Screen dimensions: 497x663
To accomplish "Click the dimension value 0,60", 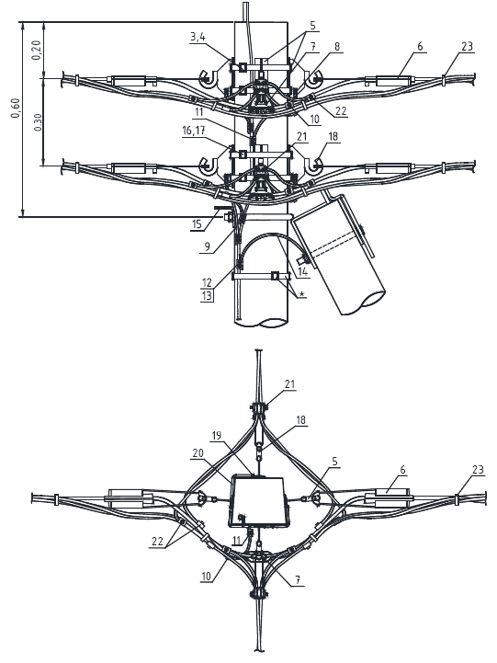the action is (16, 109).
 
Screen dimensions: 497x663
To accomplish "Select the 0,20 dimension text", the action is (37, 50).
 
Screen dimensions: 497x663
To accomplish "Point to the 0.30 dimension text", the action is (38, 122).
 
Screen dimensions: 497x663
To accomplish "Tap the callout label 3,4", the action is (198, 37).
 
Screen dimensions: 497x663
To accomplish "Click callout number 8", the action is (337, 46).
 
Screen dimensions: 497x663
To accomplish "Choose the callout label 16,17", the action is (194, 131).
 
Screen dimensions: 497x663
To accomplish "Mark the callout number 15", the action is (197, 223).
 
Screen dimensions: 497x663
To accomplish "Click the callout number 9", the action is (207, 247).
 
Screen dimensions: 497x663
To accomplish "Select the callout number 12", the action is (207, 282).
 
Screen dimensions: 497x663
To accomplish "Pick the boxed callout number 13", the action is (207, 295).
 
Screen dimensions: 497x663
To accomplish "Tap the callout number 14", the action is (303, 271).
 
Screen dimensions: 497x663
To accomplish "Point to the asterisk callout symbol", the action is (301, 293).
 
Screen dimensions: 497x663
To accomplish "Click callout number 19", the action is (217, 436).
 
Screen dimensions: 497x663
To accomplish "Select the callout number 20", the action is (198, 452).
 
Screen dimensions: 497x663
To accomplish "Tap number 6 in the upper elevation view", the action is (420, 46).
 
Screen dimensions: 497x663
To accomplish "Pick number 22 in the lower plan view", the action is (157, 542).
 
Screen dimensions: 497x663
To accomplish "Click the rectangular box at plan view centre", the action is (259, 502).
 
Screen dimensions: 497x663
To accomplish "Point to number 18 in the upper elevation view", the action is (333, 137).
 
